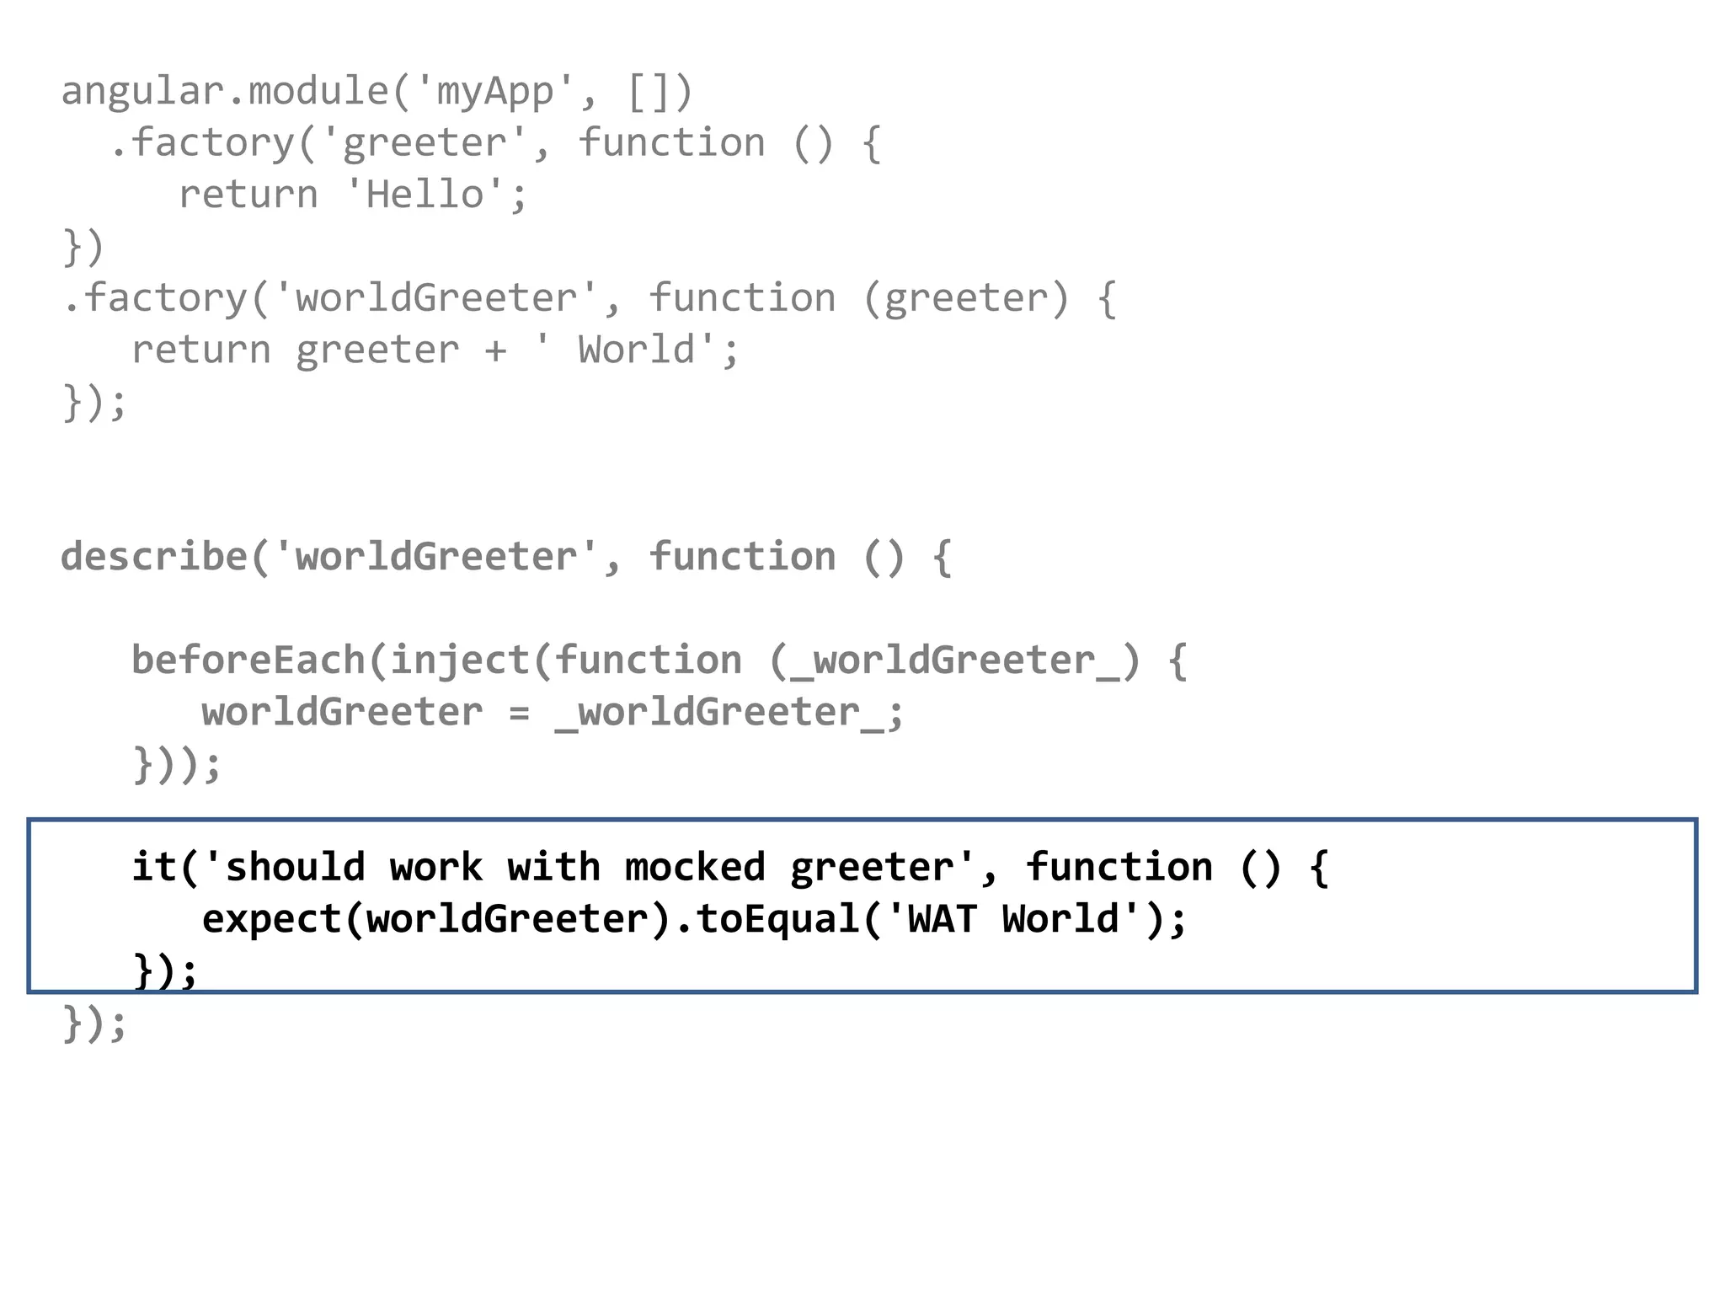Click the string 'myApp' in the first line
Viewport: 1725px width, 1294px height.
[494, 91]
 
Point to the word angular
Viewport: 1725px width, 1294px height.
[142, 91]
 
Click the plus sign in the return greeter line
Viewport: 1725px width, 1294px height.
[495, 350]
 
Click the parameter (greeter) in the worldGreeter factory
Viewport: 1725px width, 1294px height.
[966, 298]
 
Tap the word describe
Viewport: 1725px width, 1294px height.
[153, 557]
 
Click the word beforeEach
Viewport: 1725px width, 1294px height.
[248, 660]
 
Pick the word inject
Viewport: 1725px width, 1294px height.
[460, 660]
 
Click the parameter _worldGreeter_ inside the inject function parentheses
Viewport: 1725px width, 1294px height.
[954, 660]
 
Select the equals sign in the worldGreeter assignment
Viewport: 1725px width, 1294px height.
[519, 713]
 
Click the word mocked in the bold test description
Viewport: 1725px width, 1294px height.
[695, 868]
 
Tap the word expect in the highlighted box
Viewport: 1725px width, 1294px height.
[271, 919]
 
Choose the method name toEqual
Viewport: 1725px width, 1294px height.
[777, 919]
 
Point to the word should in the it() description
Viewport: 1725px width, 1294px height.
[295, 868]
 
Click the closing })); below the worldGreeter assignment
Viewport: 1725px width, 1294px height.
[177, 765]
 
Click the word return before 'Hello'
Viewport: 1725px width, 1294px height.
[248, 195]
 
